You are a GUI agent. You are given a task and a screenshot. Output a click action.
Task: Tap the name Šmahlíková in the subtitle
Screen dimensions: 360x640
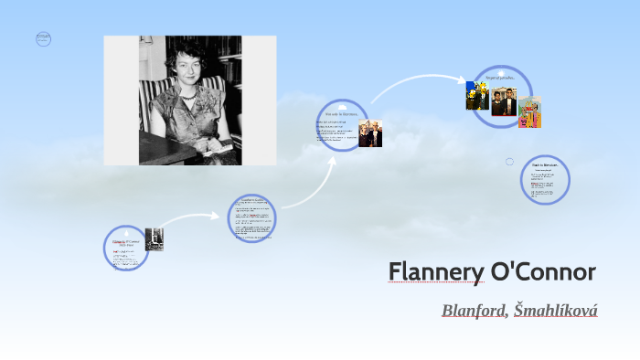(x=556, y=311)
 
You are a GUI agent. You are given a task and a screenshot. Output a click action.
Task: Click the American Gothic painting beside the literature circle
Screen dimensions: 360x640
(x=370, y=133)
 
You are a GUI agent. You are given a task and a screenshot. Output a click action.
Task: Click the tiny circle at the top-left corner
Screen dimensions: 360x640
(x=43, y=39)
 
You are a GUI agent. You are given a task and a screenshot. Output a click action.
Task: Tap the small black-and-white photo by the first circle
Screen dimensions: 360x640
(x=155, y=238)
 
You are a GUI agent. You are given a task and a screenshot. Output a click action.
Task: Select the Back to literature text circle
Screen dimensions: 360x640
(x=546, y=179)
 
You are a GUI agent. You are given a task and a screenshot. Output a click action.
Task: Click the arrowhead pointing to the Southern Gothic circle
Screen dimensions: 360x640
(x=222, y=217)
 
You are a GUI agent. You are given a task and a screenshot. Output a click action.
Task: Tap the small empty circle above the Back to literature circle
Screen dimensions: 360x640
(x=510, y=162)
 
